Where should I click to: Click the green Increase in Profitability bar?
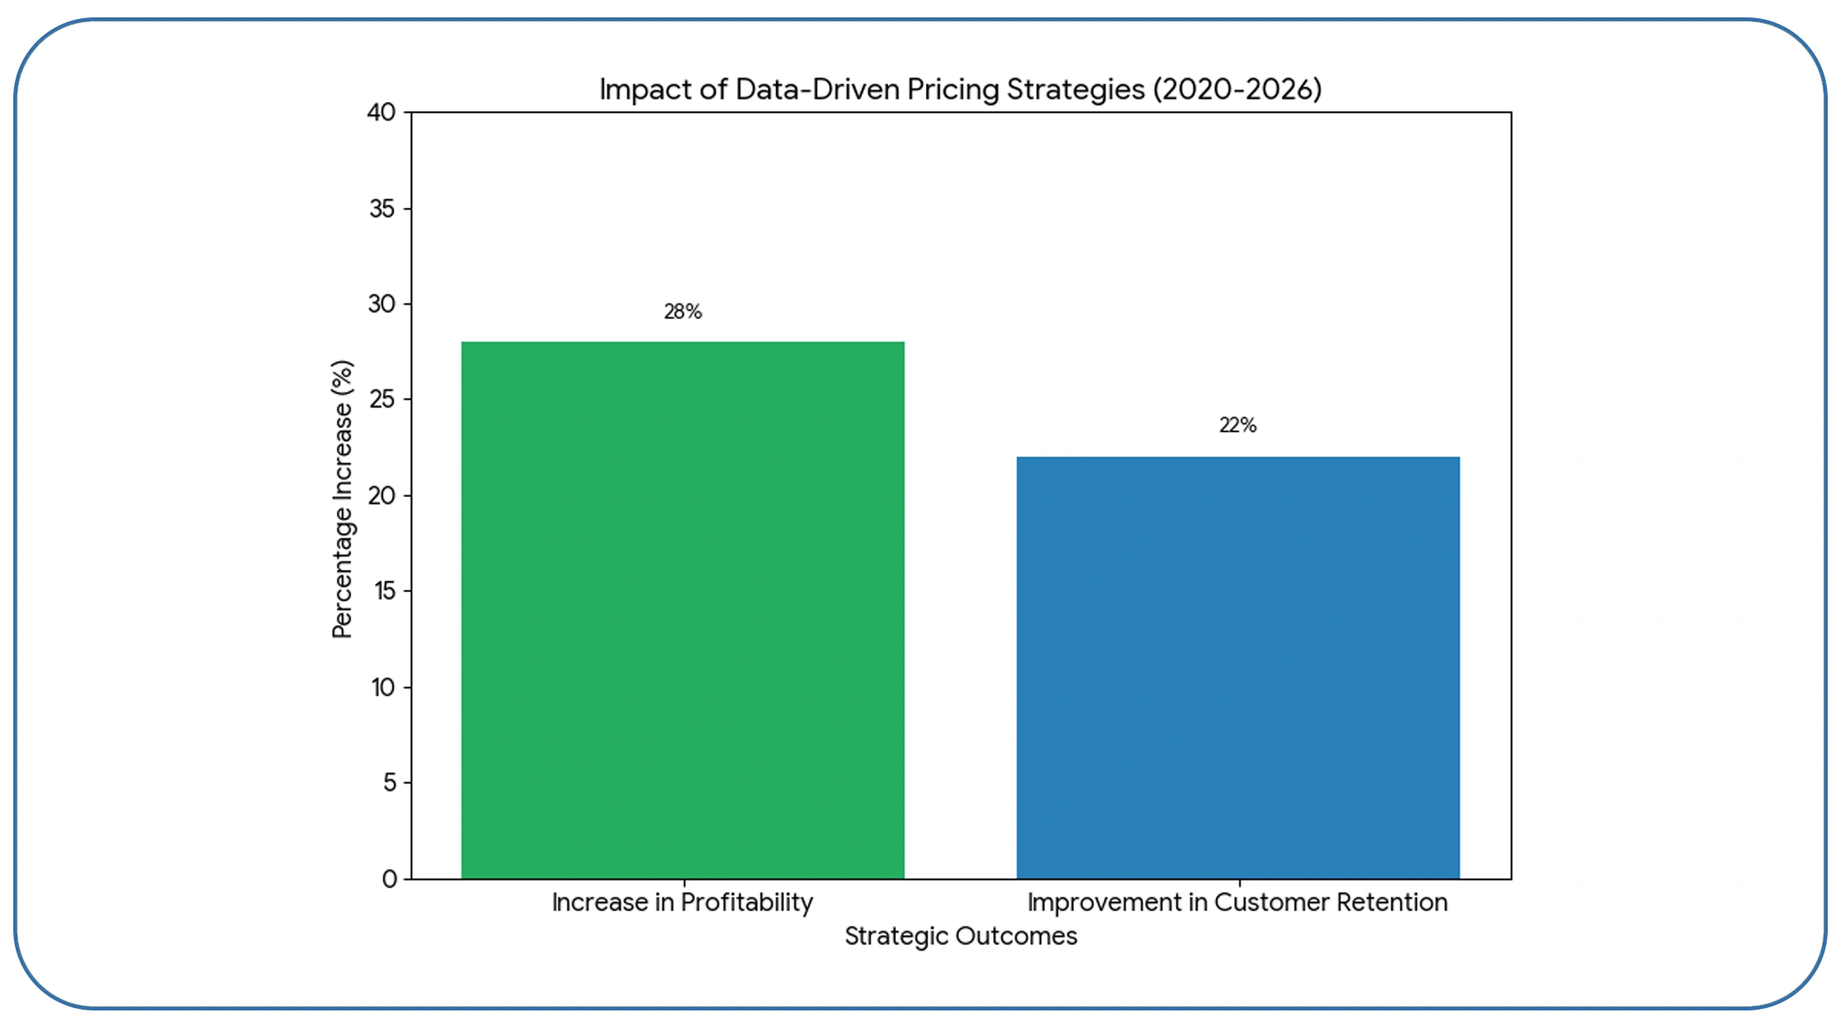click(x=682, y=610)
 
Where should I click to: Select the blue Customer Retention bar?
click(x=1237, y=668)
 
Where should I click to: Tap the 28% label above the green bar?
click(x=682, y=311)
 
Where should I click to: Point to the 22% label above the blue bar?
click(x=1237, y=425)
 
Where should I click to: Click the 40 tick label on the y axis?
click(x=381, y=112)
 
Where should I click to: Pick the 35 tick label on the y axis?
click(x=382, y=208)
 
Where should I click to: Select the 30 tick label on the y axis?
click(x=382, y=304)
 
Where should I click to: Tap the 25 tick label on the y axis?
click(x=382, y=399)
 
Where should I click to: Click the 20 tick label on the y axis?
click(x=382, y=495)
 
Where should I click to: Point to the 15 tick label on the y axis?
click(x=383, y=591)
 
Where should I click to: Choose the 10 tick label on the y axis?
click(x=383, y=687)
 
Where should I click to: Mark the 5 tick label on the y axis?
click(x=389, y=782)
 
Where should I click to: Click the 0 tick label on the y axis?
click(x=389, y=878)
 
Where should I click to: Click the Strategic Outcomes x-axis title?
click(x=961, y=936)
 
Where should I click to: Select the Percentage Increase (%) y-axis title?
click(x=342, y=499)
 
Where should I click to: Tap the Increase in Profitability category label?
click(x=682, y=902)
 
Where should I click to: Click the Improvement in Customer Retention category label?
click(x=1237, y=902)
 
